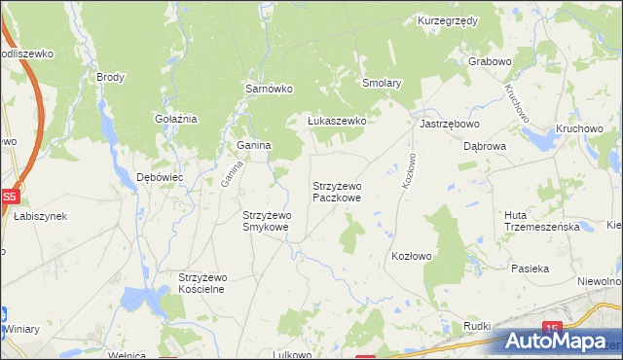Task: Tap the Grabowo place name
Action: [x=490, y=61]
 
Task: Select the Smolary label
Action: [x=382, y=84]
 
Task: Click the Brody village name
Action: [x=110, y=76]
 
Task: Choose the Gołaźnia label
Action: [x=176, y=119]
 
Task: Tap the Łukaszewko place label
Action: [x=336, y=121]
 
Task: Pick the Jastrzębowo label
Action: [x=450, y=125]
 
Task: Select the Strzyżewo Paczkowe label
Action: [x=337, y=191]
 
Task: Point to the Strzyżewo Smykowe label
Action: [x=266, y=221]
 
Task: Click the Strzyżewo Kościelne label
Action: [x=202, y=283]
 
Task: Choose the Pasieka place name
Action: [x=531, y=268]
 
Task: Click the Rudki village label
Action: [x=476, y=326]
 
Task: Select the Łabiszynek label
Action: [x=40, y=216]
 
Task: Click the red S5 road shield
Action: [x=9, y=196]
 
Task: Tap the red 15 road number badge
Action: [x=553, y=328]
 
